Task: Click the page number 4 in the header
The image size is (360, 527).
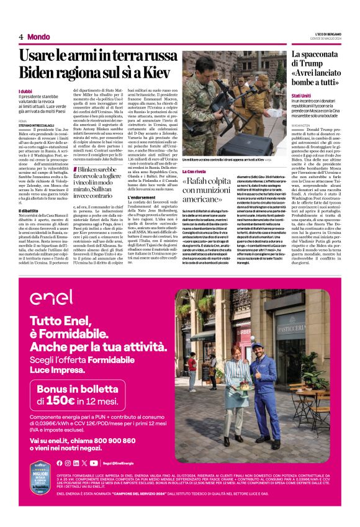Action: pyautogui.click(x=21, y=37)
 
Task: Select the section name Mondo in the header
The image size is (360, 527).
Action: pyautogui.click(x=38, y=37)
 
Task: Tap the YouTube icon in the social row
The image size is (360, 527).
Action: pyautogui.click(x=94, y=462)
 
